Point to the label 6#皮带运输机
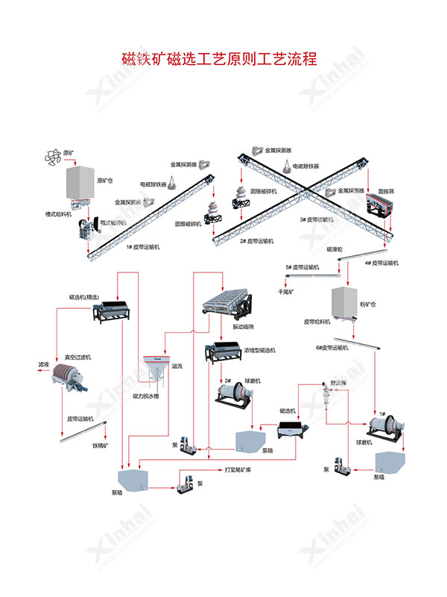pos(332,348)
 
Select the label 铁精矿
pos(101,446)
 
